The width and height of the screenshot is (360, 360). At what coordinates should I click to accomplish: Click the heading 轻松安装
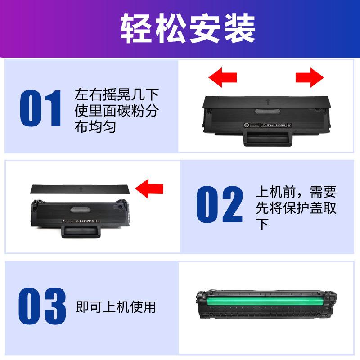(188, 28)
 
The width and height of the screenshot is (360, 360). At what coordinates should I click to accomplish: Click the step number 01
(41, 108)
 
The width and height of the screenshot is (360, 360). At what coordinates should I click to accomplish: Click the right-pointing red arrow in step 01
(310, 77)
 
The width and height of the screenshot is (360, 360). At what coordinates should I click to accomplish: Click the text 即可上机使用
(116, 307)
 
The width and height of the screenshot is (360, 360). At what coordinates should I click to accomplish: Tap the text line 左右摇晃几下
(116, 94)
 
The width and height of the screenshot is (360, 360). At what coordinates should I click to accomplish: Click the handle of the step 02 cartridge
(81, 232)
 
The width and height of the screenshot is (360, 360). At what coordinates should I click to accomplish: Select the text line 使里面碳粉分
(116, 111)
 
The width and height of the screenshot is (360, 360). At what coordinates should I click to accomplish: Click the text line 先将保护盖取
(296, 208)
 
